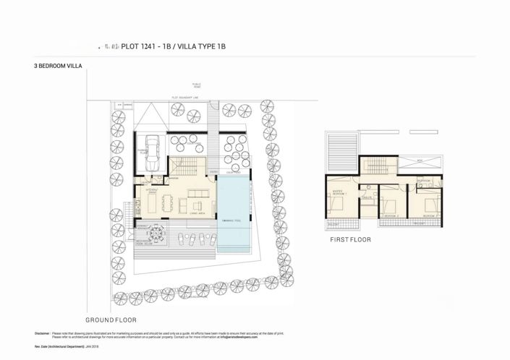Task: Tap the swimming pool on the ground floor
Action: [x=237, y=213]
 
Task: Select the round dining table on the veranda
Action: [x=156, y=234]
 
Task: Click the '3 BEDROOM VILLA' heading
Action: [x=59, y=66]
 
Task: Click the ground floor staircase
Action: [x=187, y=165]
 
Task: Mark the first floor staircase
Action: [x=374, y=163]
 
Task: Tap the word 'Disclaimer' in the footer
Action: [x=41, y=333]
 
